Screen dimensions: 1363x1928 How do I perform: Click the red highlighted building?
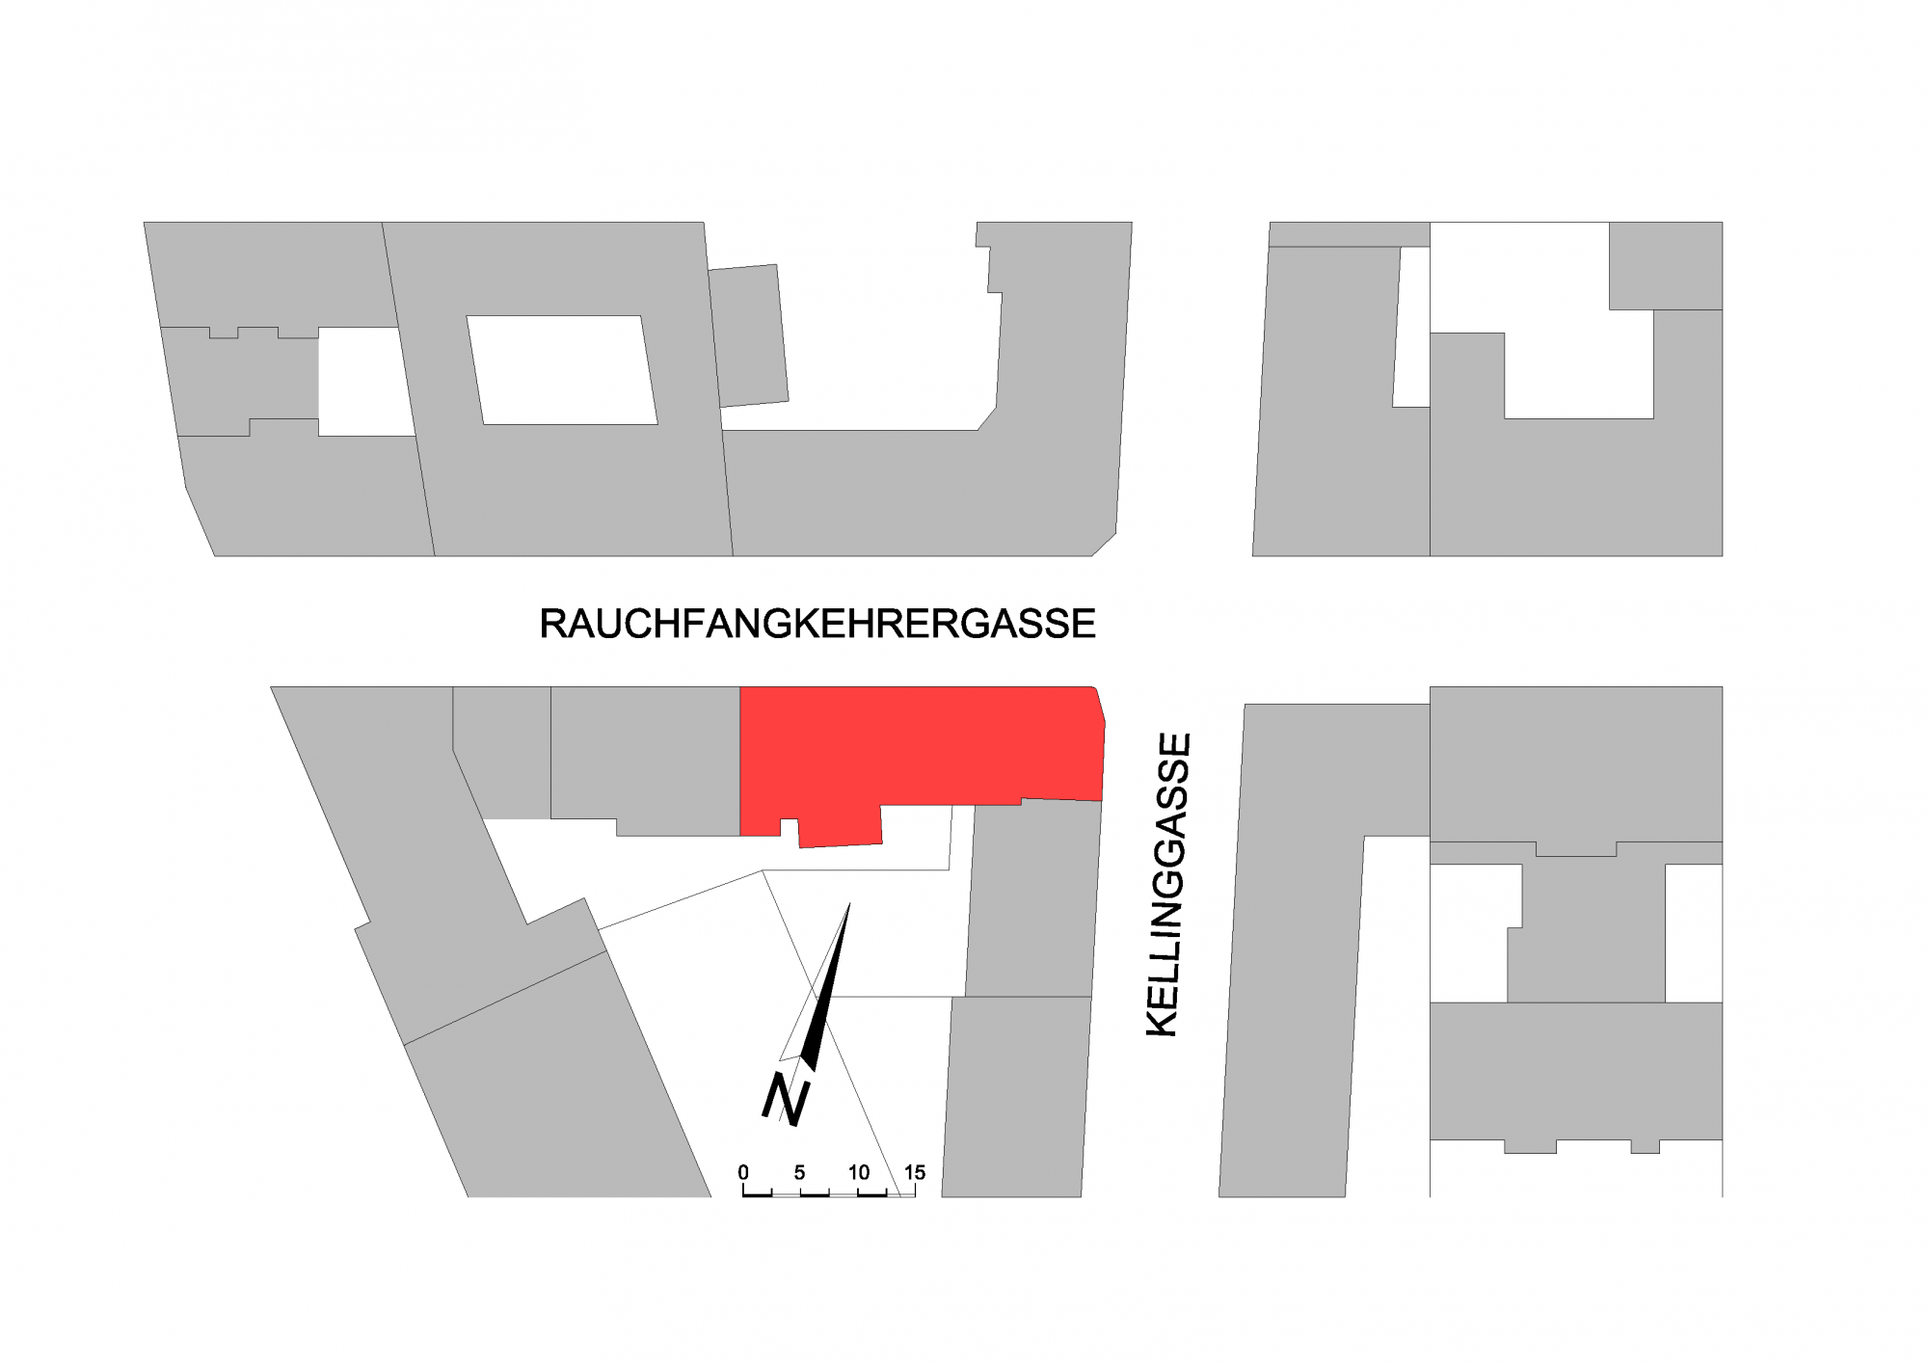coord(916,747)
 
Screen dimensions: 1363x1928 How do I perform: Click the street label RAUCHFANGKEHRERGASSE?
coord(817,624)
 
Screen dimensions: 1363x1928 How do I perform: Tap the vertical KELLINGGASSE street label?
coord(1168,885)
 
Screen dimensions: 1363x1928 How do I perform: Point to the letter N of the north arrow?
coord(785,1099)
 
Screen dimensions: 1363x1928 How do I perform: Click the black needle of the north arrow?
coord(827,993)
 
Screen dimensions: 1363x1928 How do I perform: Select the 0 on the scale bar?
coord(743,1172)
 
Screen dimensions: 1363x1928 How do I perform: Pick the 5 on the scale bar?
coord(799,1172)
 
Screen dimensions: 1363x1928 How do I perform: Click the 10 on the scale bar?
coord(858,1172)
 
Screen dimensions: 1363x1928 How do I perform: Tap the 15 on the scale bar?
coord(914,1172)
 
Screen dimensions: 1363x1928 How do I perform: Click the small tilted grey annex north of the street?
coord(748,335)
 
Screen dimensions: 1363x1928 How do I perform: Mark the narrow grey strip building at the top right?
coord(1349,234)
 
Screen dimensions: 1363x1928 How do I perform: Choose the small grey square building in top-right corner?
coord(1665,265)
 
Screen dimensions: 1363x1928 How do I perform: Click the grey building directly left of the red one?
coord(644,757)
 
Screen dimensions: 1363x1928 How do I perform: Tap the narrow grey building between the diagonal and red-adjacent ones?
coord(501,752)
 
